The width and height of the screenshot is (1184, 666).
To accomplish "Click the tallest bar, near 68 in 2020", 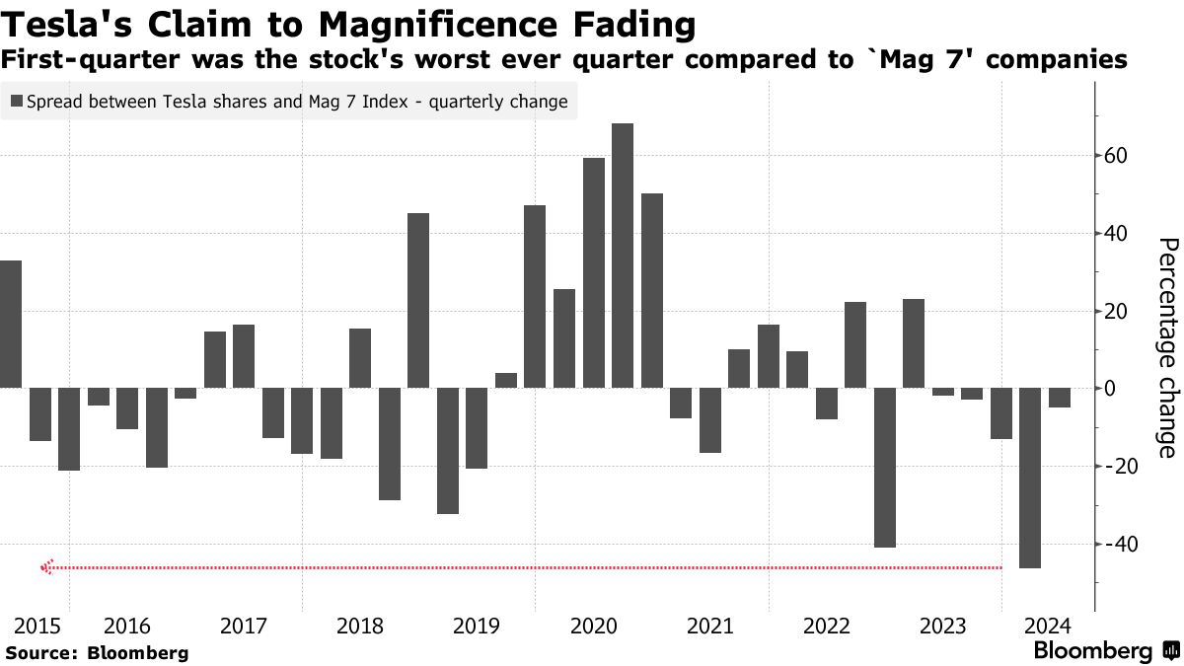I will tap(623, 256).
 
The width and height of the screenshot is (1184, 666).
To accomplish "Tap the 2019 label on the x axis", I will tap(477, 626).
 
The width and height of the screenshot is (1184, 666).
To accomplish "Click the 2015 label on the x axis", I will tap(37, 626).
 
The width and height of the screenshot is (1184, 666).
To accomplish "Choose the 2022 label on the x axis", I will tap(827, 626).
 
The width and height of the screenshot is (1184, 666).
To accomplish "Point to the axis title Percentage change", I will tap(1167, 348).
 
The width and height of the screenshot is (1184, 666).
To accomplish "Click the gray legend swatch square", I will tap(17, 101).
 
